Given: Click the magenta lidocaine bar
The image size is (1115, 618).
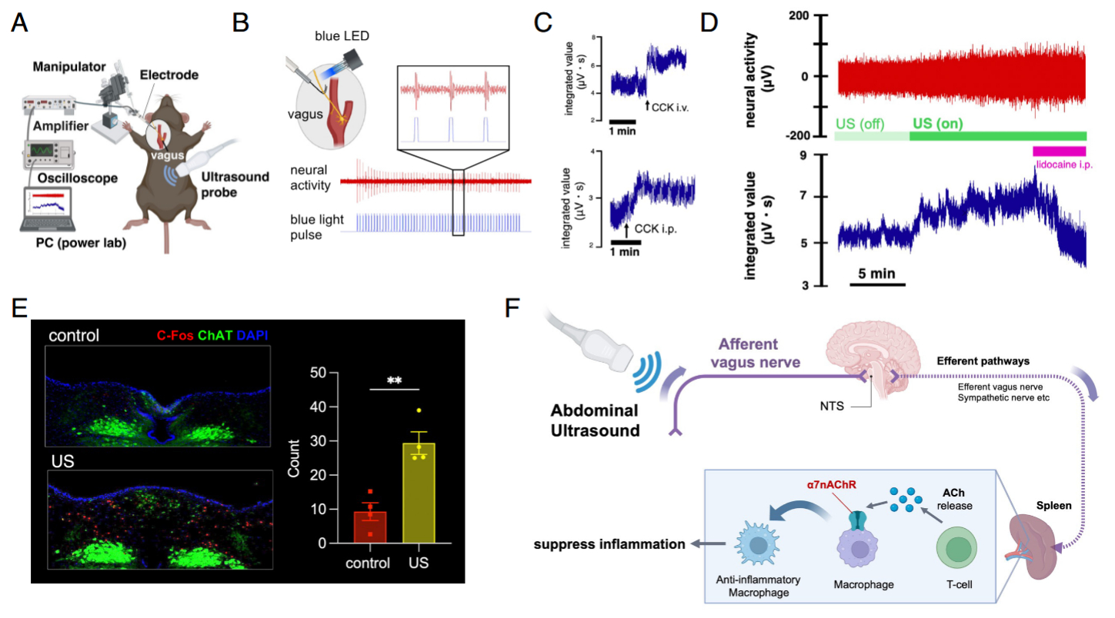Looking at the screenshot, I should (1059, 151).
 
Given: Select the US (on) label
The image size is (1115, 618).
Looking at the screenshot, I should (938, 123).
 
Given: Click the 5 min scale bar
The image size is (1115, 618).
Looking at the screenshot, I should (877, 284).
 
